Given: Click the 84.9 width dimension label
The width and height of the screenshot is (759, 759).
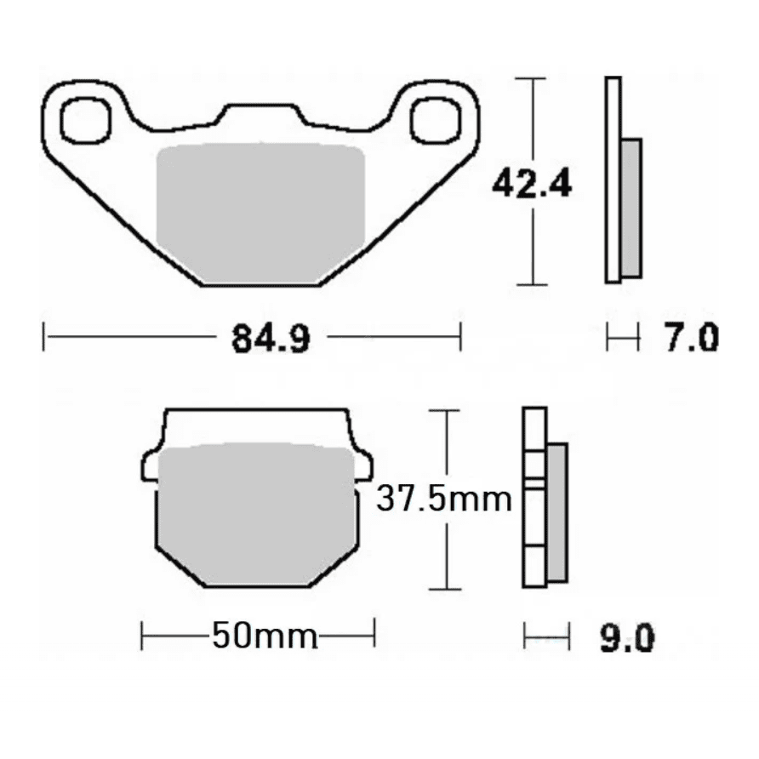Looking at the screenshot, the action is (271, 339).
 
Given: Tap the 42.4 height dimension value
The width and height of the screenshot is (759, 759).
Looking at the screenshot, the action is (532, 183).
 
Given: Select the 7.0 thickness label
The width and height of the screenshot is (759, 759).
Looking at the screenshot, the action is (691, 337).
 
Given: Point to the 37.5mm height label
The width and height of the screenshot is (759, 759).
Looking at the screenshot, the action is (444, 499).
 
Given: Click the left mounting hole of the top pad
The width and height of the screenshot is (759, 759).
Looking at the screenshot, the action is (86, 121).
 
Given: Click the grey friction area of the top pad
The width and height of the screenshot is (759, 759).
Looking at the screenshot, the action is (260, 213).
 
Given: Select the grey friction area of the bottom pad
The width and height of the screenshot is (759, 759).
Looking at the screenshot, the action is (257, 514).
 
